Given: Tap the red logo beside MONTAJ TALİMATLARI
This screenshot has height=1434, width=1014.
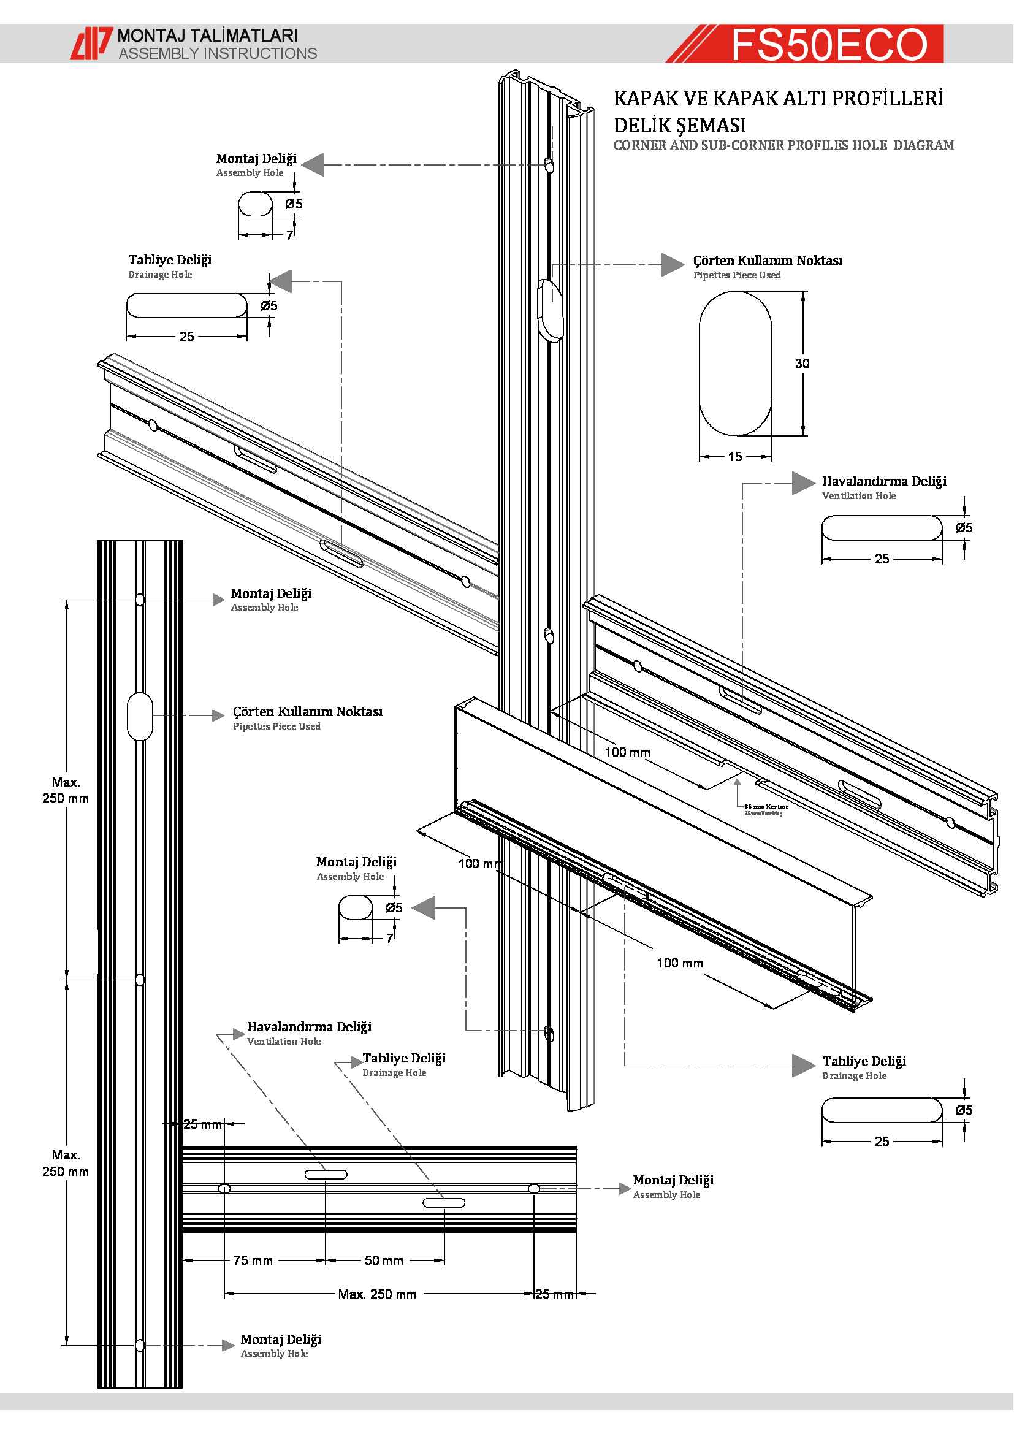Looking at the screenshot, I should click(91, 44).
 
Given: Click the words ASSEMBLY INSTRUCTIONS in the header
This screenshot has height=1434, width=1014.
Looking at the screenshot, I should click(218, 54).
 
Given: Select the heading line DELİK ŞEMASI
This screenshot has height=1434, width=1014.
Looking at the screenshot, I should click(679, 126).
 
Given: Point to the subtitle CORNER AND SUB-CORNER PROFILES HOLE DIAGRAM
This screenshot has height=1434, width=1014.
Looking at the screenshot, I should click(783, 145).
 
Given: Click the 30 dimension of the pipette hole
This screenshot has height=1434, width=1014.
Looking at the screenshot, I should click(802, 363).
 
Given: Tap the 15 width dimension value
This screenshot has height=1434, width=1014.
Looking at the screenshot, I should click(735, 457).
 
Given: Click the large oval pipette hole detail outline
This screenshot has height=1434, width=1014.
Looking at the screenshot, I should click(735, 364).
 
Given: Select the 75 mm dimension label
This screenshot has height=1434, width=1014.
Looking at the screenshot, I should click(253, 1260).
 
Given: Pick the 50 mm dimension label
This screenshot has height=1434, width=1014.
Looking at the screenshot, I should click(384, 1260).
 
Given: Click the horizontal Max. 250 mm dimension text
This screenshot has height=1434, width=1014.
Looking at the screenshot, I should click(377, 1294).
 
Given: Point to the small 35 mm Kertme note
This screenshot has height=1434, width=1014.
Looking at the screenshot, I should click(766, 806).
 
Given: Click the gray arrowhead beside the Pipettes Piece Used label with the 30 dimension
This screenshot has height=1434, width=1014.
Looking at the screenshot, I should click(673, 264).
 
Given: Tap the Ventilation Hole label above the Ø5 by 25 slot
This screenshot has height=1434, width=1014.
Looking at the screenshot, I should click(858, 496).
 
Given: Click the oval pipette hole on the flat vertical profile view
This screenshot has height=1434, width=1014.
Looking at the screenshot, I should click(140, 715).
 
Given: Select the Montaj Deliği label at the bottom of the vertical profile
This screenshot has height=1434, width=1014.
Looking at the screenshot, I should click(281, 1339).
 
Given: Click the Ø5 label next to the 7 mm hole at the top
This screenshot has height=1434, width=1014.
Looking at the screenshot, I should click(294, 204).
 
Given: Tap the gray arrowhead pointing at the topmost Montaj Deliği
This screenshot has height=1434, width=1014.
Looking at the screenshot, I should click(313, 165).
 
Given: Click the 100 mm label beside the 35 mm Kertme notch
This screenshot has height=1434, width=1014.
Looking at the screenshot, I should click(628, 752).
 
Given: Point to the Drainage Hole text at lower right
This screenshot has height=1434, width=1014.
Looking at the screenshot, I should click(854, 1075).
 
